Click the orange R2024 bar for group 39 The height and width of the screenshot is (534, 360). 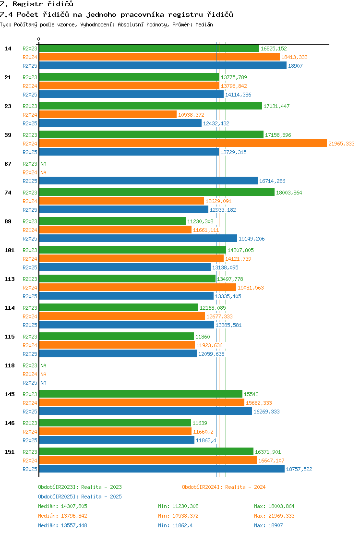tap(183, 144)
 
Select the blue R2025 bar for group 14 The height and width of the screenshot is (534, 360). tap(163, 65)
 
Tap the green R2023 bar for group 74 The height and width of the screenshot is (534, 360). tap(156, 193)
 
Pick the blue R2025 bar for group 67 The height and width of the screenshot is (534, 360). tap(148, 181)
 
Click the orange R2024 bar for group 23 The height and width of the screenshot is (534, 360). tap(108, 115)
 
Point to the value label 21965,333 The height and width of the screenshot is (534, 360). tap(341, 144)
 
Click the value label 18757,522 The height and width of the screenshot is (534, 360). tap(299, 469)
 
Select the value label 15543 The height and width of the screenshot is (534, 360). tap(251, 394)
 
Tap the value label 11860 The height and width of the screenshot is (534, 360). tap(203, 337)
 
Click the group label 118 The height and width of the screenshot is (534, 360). tap(10, 365)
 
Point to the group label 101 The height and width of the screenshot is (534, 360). tap(10, 250)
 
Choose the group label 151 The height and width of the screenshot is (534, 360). tap(10, 452)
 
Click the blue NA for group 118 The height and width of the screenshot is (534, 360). tap(44, 383)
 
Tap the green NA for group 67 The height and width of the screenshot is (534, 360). tap(44, 164)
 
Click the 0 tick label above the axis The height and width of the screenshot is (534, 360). tap(38, 39)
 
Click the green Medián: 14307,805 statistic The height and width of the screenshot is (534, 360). tap(62, 506)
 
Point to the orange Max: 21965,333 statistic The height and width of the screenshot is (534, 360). tap(274, 516)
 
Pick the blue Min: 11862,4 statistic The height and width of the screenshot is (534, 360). tap(175, 525)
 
